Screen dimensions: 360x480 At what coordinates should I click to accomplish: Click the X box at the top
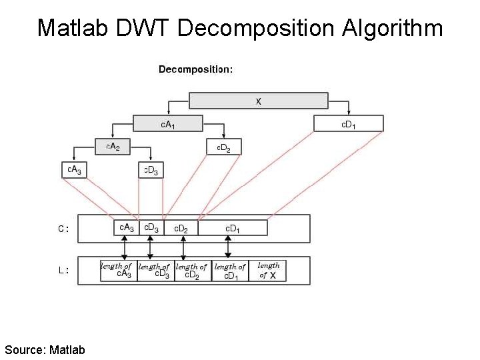[259, 101]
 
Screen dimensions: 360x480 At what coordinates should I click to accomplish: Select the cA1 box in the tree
[168, 124]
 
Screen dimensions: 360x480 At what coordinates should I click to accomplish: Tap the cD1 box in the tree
[349, 123]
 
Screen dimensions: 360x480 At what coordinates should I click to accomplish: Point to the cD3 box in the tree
[151, 170]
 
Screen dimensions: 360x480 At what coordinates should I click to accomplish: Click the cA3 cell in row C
[126, 228]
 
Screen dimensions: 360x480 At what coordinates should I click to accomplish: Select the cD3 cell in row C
[151, 228]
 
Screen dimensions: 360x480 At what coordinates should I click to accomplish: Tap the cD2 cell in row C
[181, 228]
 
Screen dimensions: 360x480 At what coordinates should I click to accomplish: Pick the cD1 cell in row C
[233, 228]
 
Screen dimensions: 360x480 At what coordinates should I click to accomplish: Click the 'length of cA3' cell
[119, 271]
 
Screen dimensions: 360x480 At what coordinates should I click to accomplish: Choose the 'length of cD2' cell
[193, 271]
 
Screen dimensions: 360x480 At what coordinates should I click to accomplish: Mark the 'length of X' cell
[267, 271]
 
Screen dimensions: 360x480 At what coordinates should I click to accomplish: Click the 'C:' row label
[63, 229]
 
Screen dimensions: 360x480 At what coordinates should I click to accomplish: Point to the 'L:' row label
[63, 271]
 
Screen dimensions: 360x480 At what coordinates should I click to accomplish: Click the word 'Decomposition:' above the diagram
[195, 69]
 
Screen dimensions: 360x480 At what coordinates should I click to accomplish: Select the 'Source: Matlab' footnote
[45, 349]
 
